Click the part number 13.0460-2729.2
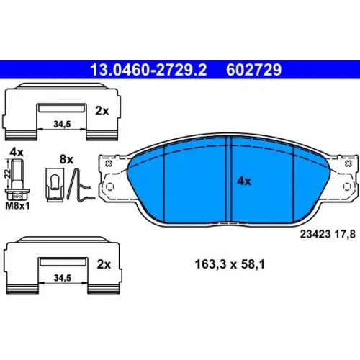point(148,70)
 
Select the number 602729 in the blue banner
point(253,70)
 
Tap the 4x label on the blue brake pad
point(244,181)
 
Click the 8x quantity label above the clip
point(66,159)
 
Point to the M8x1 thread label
point(17,206)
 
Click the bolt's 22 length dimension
point(8,174)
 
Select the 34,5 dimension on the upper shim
point(62,124)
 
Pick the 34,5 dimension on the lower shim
point(63,278)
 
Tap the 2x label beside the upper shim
point(102,111)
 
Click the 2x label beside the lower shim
point(104,264)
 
